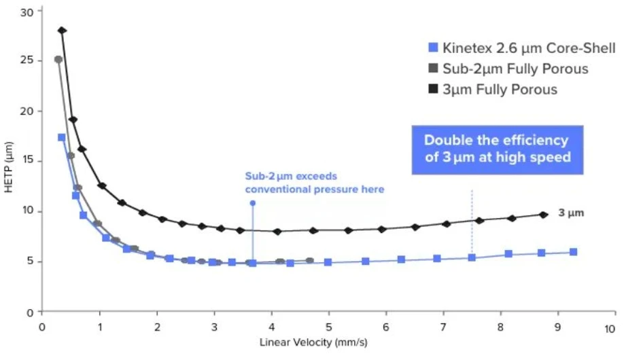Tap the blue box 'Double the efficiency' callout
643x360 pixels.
496,149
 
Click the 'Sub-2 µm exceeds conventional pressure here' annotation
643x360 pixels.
314,183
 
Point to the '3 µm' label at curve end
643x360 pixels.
571,213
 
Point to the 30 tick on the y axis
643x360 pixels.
28,11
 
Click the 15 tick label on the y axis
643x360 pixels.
28,161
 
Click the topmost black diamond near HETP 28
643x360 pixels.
62,31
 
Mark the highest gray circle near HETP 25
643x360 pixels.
58,60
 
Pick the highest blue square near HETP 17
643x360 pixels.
62,137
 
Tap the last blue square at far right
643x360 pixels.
574,252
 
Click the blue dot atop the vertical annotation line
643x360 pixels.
253,203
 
